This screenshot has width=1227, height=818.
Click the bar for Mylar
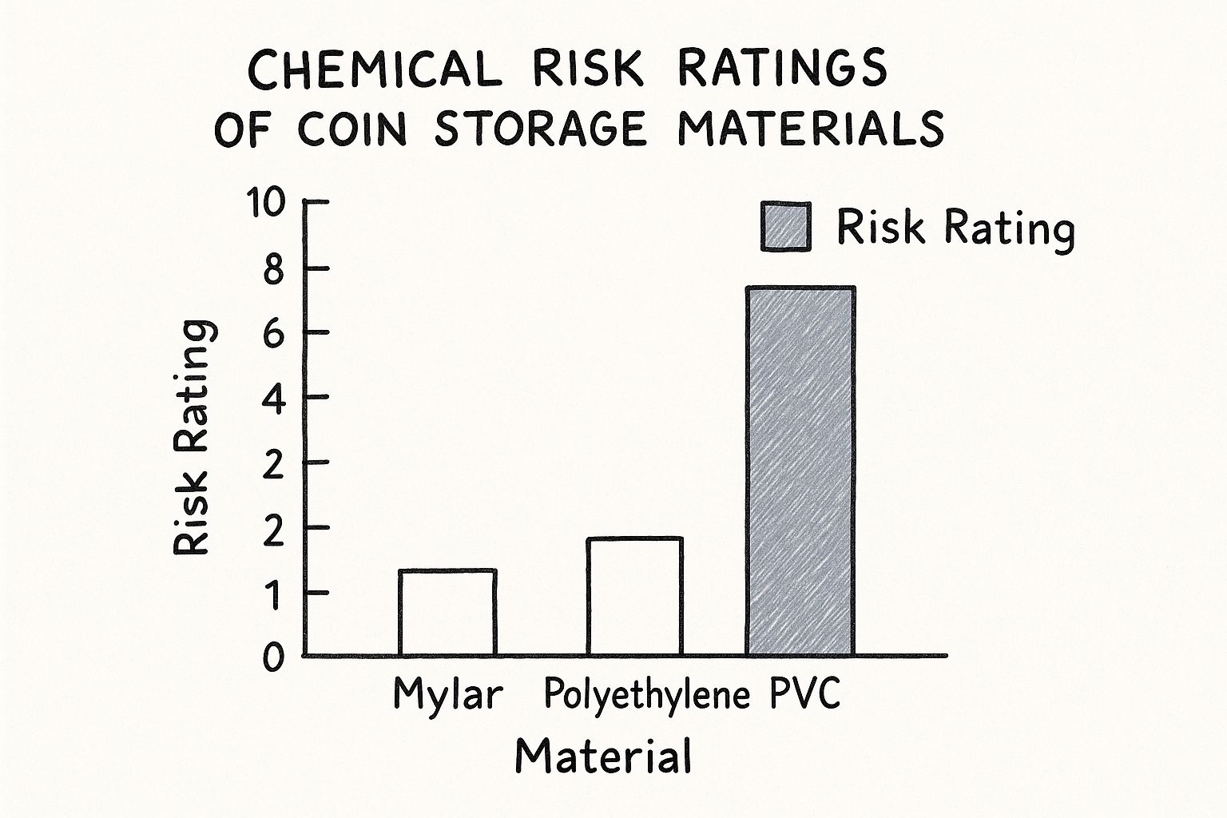point(447,613)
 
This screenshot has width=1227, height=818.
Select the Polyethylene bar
point(634,597)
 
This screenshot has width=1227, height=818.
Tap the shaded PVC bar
point(800,471)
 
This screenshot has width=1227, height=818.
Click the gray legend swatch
point(786,227)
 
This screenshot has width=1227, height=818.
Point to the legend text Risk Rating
point(955,228)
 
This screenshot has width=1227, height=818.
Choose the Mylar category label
point(448,696)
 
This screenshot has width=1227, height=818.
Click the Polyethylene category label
point(647,696)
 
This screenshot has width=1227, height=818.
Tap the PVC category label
point(805,694)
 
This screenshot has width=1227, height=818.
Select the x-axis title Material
point(602,756)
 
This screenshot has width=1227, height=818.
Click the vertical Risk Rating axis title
point(193,438)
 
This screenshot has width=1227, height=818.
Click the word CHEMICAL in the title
point(375,69)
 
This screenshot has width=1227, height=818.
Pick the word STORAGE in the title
point(540,129)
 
